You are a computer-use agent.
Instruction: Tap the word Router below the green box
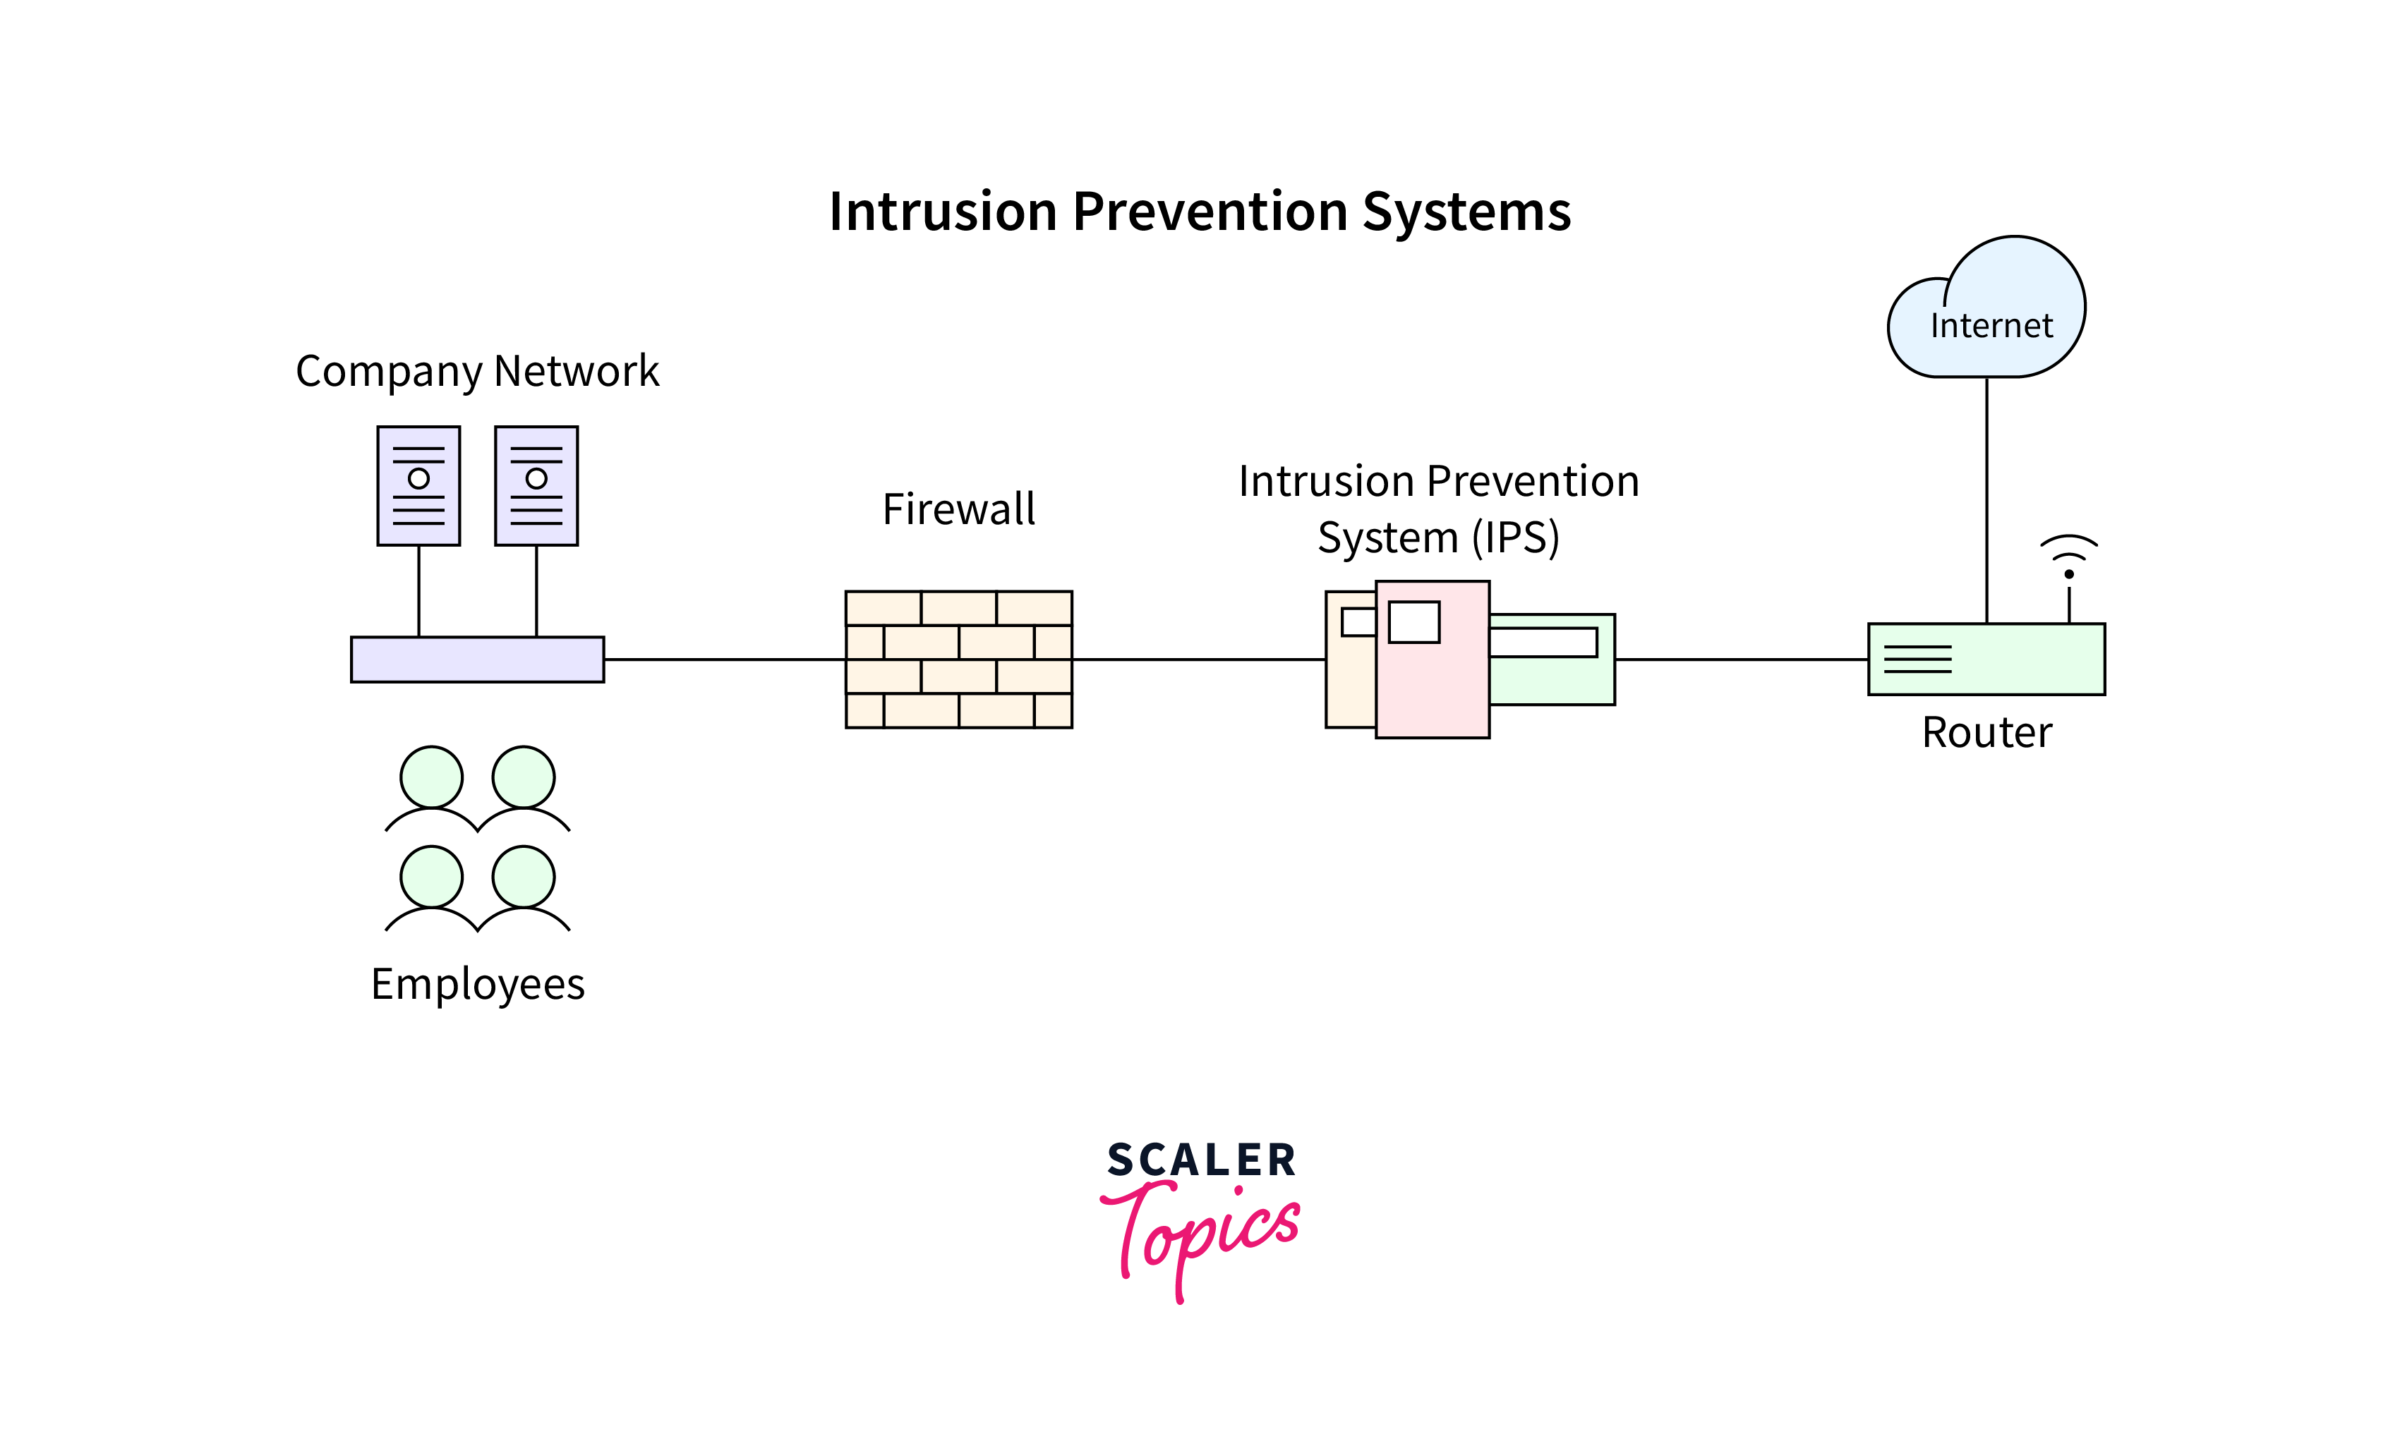coord(1986,732)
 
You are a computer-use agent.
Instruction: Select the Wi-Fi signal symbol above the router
coord(2068,556)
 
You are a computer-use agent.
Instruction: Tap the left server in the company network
coord(418,486)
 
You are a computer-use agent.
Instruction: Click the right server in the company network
coord(536,486)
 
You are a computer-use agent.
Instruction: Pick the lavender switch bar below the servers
coord(478,659)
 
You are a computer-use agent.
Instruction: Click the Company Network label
coord(478,371)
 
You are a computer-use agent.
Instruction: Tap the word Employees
coord(478,984)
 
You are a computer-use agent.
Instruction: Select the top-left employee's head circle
coord(431,777)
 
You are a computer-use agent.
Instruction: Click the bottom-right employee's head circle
coord(523,877)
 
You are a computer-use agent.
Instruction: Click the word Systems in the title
coord(1466,212)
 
